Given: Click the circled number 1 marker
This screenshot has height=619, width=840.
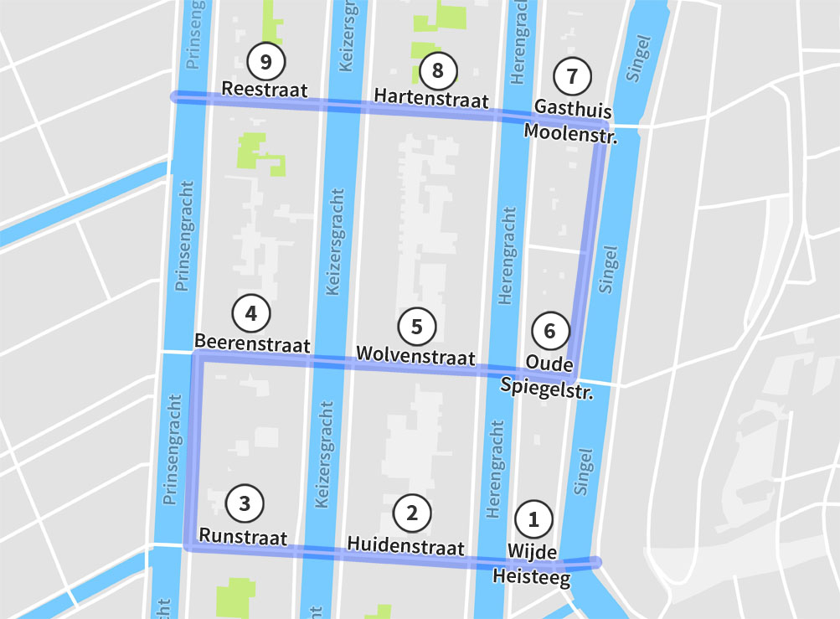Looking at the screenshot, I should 533,519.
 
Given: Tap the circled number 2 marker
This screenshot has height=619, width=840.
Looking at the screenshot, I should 411,513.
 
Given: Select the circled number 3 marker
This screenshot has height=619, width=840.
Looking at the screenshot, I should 245,503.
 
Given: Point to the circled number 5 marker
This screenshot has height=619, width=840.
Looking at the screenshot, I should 417,327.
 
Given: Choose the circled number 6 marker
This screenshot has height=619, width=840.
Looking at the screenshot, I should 549,331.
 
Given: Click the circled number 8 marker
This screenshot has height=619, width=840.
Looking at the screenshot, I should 437,70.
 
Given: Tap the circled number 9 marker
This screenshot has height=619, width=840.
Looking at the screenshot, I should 266,61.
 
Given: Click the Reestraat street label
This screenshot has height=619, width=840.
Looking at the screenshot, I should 265,90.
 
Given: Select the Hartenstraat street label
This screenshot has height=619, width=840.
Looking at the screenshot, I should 431,98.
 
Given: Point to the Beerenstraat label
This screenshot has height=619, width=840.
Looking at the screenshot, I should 252,344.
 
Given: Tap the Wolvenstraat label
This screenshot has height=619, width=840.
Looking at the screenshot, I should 415,356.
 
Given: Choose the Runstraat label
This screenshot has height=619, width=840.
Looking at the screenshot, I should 243,537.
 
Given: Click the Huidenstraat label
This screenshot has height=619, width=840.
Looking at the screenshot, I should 405,548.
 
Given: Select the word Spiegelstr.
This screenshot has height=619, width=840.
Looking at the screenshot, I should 547,388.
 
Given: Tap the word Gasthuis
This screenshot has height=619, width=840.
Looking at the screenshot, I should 573,109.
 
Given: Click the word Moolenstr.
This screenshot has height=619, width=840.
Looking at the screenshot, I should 570,132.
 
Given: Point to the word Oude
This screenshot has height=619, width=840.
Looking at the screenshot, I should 549,364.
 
